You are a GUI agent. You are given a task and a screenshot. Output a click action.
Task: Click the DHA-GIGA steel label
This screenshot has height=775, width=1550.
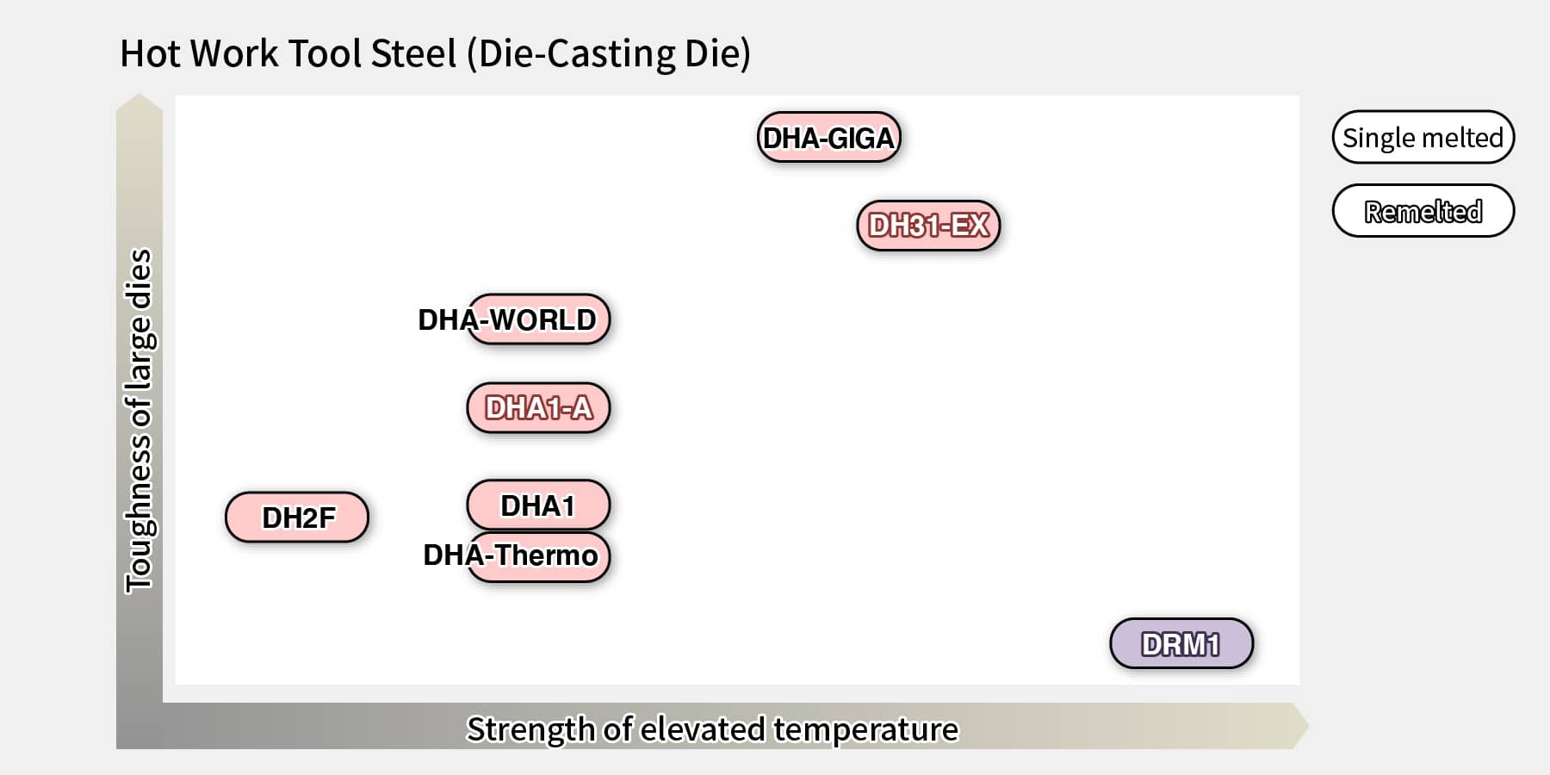pos(828,138)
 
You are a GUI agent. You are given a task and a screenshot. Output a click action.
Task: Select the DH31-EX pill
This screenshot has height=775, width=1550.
pos(928,226)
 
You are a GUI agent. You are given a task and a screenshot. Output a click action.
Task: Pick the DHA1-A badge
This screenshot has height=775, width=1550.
pos(538,408)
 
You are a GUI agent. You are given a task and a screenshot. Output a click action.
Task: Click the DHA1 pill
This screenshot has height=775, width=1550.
pos(538,505)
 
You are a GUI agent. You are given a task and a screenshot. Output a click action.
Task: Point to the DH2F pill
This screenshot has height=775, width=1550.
pos(297,518)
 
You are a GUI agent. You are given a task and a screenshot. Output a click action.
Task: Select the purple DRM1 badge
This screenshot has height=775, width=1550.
pos(1181,643)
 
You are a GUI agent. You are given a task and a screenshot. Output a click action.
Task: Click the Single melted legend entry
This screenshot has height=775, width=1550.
pos(1423,137)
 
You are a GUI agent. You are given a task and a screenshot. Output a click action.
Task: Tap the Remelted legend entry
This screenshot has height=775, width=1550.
pos(1423,211)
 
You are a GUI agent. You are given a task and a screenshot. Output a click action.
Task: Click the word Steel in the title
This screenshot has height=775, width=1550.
pos(413,53)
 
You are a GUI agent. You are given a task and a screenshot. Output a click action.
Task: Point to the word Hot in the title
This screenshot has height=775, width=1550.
pos(150,53)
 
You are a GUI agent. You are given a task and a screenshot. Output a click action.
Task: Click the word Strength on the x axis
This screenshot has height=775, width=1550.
pos(530,729)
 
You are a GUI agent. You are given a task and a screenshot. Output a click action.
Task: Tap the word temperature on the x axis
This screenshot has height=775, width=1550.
pos(865,729)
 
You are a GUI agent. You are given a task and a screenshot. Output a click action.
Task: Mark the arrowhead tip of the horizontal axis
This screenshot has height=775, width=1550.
pos(1307,726)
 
